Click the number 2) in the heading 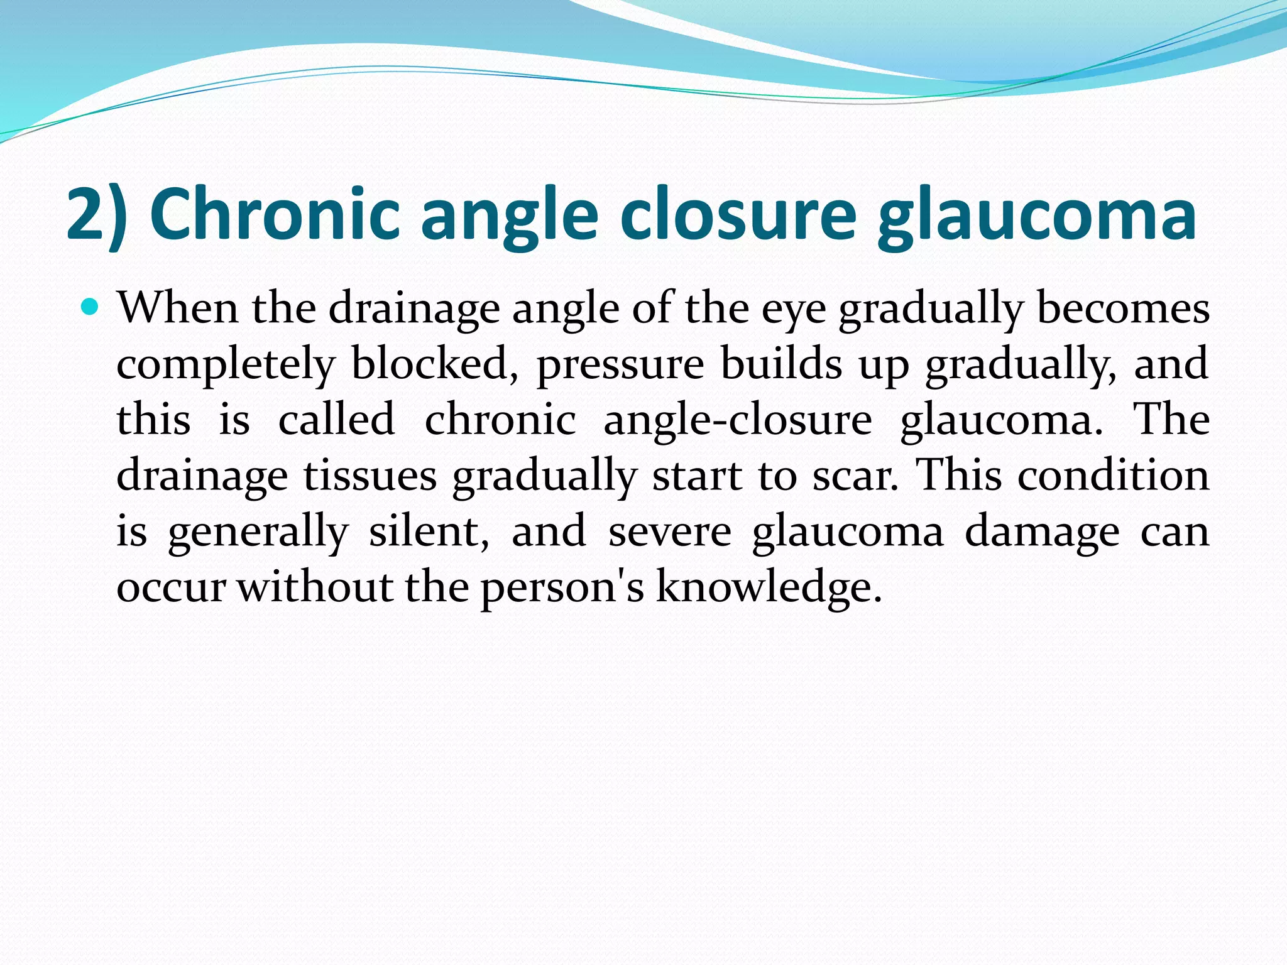point(97,215)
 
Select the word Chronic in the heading point(275,215)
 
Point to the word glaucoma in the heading point(1036,215)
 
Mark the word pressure point(620,364)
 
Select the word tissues point(370,475)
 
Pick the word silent point(429,532)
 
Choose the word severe point(669,532)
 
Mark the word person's point(562,587)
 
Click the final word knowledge point(769,587)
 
